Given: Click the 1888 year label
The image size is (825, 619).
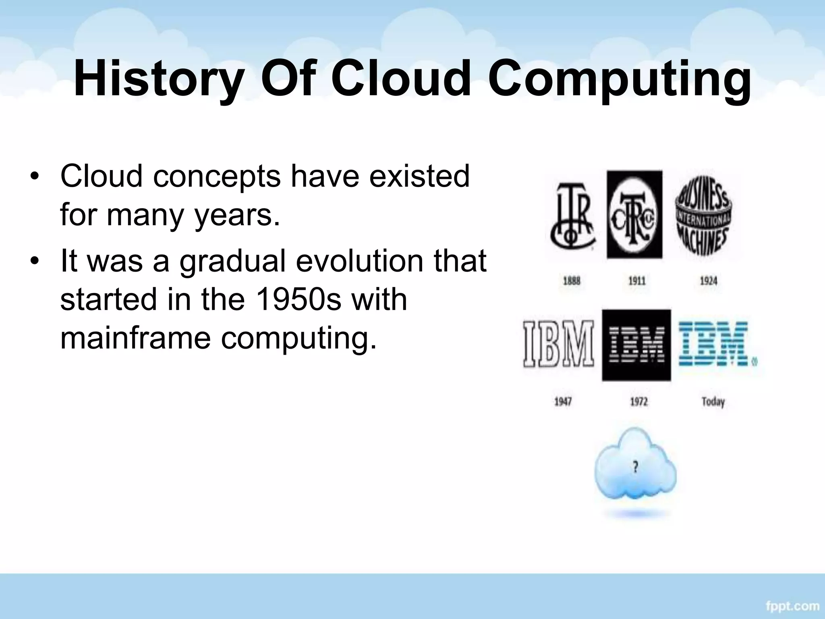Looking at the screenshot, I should (571, 280).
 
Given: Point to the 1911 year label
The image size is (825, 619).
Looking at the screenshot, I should (637, 280).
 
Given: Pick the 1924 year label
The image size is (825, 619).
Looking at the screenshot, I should (709, 280).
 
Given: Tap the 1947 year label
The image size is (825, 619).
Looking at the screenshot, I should (563, 402).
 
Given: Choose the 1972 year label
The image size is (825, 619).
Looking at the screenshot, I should (638, 402).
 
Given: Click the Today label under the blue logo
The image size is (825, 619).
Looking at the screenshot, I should (713, 402).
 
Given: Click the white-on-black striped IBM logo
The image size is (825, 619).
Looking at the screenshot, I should (636, 345).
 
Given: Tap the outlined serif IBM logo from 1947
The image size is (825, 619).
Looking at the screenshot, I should (559, 344).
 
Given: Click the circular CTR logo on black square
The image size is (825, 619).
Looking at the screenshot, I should (634, 215).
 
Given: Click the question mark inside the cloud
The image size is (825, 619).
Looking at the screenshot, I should (635, 467).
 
